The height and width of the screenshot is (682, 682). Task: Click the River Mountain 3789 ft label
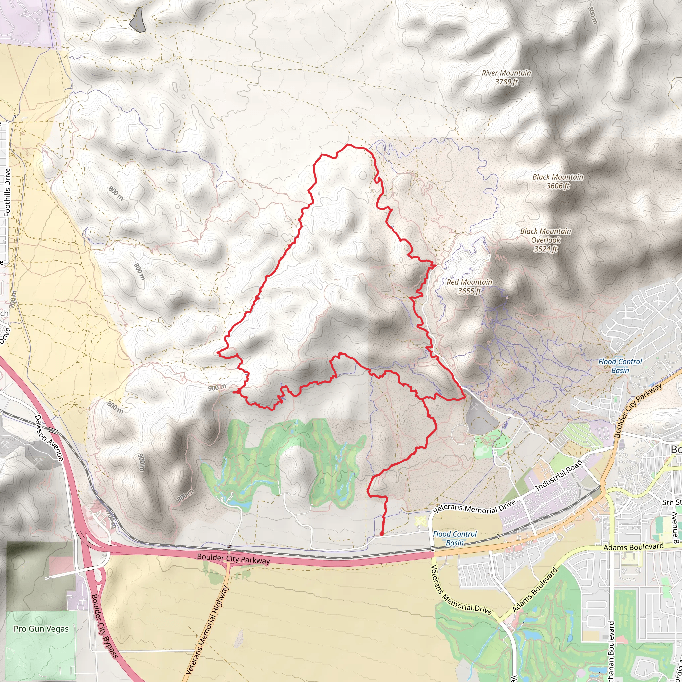(x=506, y=77)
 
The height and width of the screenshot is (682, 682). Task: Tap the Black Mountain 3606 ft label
(x=558, y=181)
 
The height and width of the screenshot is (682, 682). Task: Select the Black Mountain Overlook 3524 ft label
(x=545, y=240)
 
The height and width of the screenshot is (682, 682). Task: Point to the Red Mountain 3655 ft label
(x=469, y=286)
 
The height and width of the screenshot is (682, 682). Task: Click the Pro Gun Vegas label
(x=41, y=629)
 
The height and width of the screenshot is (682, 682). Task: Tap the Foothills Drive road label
(x=7, y=192)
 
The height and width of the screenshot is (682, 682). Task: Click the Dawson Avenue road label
(x=49, y=437)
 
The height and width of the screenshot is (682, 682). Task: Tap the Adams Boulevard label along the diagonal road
(x=535, y=589)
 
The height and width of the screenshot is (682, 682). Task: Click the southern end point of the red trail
(x=382, y=535)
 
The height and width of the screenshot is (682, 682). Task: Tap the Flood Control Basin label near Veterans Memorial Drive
(x=455, y=538)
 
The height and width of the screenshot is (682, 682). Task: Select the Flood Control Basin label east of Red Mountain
(x=620, y=366)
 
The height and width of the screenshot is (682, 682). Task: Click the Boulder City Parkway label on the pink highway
(x=233, y=559)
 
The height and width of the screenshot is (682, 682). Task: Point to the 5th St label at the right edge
(x=671, y=502)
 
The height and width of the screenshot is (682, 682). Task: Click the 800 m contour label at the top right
(x=593, y=16)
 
